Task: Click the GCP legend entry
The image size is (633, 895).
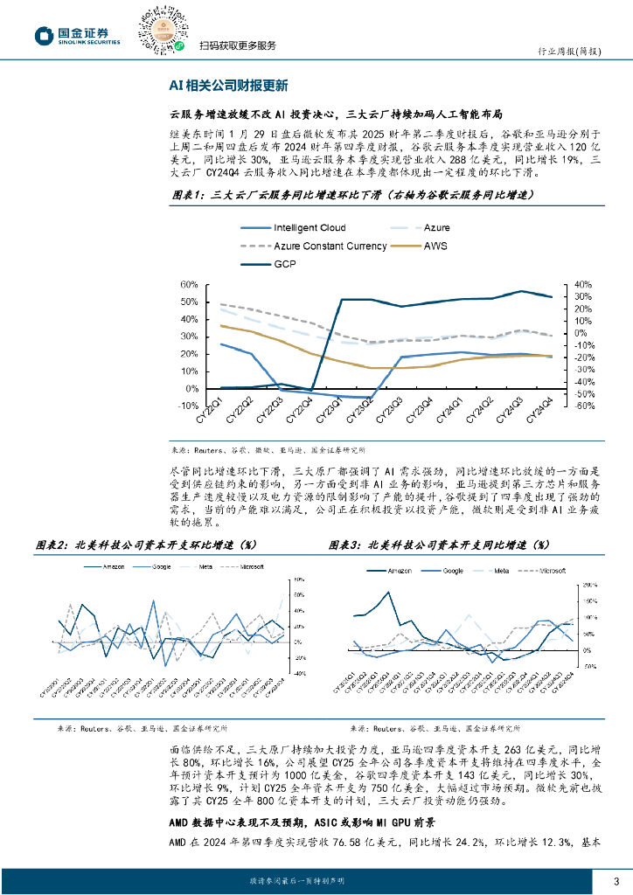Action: click(285, 263)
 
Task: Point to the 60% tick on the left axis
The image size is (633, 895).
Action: click(188, 285)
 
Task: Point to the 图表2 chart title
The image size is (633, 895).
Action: click(148, 545)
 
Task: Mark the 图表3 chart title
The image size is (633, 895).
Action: click(437, 545)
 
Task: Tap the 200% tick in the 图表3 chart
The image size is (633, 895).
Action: click(590, 583)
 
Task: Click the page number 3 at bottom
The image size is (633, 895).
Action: click(617, 880)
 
